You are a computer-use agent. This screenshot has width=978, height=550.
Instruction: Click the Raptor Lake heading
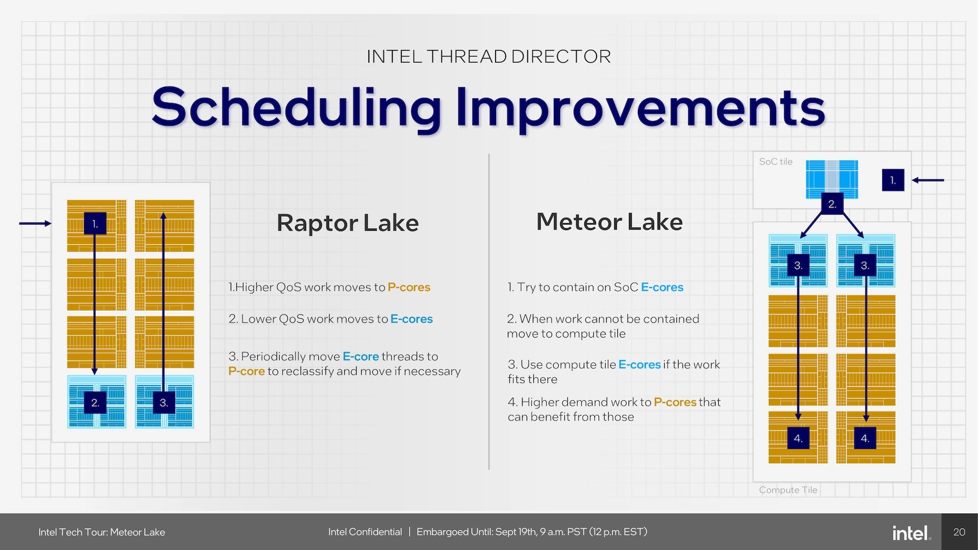(347, 223)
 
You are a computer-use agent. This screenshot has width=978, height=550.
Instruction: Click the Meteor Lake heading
(609, 222)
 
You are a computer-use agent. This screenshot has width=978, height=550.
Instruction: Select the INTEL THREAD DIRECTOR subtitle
(488, 57)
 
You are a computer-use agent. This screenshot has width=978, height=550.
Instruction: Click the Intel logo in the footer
(911, 533)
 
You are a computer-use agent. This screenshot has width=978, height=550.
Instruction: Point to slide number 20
(959, 532)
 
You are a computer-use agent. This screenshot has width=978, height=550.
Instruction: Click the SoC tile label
(775, 161)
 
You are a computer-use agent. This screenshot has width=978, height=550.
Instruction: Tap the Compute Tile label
(787, 490)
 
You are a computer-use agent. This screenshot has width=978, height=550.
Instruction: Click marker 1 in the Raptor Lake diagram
(95, 224)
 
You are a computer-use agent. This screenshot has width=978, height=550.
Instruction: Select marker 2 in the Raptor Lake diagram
(95, 403)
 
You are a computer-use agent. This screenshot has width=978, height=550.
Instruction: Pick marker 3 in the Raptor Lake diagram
(164, 403)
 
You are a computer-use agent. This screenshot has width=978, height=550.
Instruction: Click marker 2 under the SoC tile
(832, 204)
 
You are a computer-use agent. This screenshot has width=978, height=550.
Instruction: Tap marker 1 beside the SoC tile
(892, 180)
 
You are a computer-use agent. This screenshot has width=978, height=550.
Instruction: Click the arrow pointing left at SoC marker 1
(928, 180)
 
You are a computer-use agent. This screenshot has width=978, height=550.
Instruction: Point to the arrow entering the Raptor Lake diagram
(35, 224)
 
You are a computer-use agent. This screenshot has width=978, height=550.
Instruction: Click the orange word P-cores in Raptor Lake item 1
(409, 287)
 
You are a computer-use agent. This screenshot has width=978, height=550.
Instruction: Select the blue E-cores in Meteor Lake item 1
(662, 287)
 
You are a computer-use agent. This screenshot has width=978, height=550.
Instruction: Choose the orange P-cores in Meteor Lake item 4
(674, 402)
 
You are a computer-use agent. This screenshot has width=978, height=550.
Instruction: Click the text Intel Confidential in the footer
(365, 532)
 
